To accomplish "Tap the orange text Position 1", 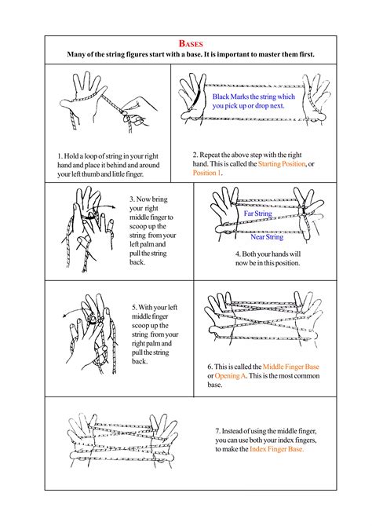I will [208, 173].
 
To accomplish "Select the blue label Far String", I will [257, 214].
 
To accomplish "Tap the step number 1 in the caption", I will [60, 156].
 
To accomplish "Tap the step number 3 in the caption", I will [131, 199].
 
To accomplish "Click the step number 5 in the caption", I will [133, 307].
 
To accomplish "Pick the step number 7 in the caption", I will [217, 429].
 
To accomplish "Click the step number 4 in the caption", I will [237, 254].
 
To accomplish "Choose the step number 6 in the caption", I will [210, 367].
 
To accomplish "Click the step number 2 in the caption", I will [195, 154].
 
